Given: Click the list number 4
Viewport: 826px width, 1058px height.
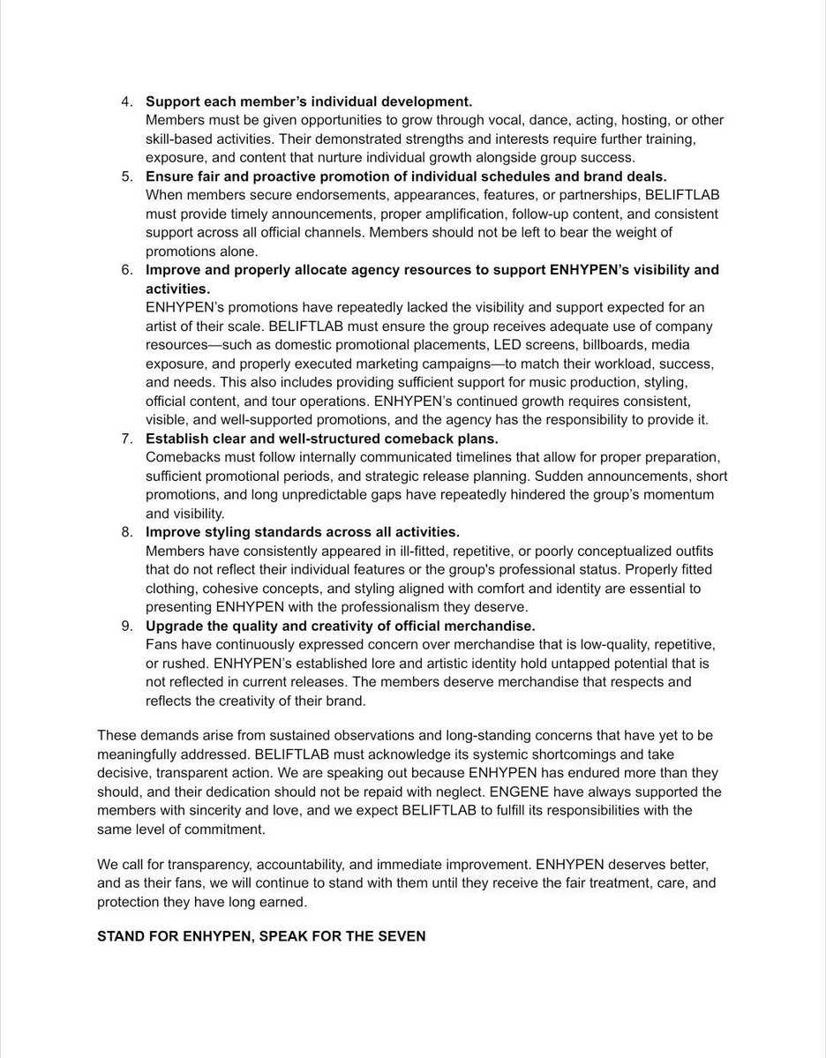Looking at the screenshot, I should (x=127, y=101).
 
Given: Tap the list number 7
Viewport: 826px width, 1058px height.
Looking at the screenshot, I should (x=127, y=438).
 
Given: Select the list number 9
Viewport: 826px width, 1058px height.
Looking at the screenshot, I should (x=127, y=626).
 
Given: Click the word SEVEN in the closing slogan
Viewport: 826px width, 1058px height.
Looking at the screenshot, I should (x=402, y=935).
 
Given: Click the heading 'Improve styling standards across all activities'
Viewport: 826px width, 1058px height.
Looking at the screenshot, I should (x=302, y=532).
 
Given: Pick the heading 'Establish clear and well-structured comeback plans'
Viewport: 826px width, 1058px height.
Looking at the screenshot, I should (x=321, y=438).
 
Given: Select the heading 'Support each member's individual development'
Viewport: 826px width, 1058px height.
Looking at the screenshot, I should (x=309, y=101).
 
